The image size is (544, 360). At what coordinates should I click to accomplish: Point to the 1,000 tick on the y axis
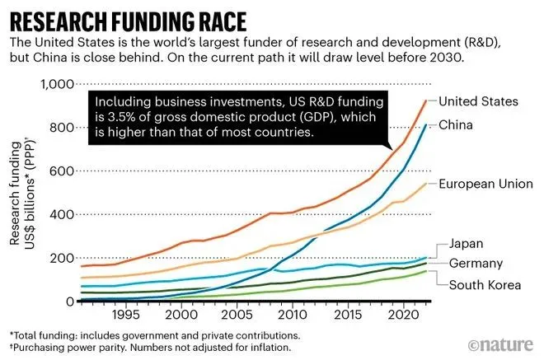pyautogui.click(x=57, y=84)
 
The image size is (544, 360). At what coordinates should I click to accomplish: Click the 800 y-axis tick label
pyautogui.click(x=63, y=128)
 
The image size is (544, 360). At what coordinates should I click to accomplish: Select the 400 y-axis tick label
pyautogui.click(x=63, y=214)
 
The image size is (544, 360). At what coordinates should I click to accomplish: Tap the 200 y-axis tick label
pyautogui.click(x=63, y=258)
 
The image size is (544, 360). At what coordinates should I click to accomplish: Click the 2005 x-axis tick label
pyautogui.click(x=235, y=316)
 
